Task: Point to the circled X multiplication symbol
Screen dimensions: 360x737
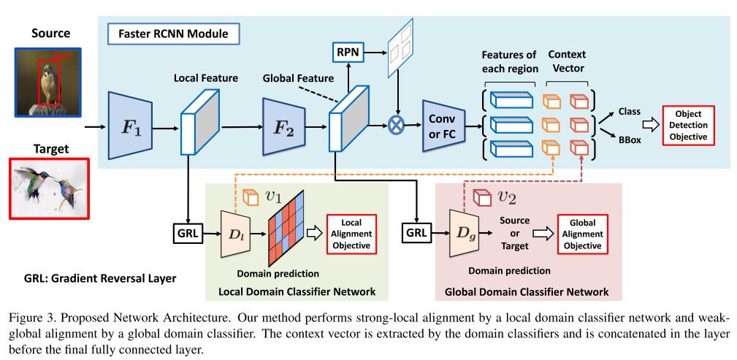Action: tap(396, 126)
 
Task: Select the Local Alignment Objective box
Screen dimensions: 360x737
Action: tap(352, 234)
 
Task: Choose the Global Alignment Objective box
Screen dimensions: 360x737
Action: tap(582, 234)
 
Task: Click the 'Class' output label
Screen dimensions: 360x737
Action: tap(629, 112)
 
